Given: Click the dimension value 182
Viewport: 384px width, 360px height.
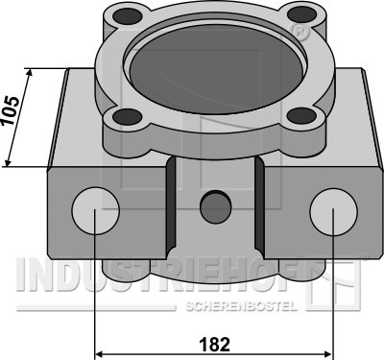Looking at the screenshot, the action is pos(214,345).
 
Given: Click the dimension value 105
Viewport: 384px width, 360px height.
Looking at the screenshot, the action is pos(11,110).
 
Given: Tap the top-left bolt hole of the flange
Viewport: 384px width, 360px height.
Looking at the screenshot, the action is pos(128,15).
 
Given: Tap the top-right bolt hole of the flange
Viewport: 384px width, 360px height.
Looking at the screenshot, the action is pos(301,13).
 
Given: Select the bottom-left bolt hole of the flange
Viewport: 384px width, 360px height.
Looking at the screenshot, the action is pos(128,116).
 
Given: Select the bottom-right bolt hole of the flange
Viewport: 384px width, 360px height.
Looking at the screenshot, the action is pos(301,115).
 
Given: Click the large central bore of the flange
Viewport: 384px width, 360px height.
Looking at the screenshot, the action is pos(216,72).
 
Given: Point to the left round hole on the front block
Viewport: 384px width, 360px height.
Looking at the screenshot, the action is pos(96,210).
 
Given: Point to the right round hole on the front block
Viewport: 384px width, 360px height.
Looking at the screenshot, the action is pos(333,211).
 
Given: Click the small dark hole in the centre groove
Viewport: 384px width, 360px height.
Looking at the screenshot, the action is pos(216,207).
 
